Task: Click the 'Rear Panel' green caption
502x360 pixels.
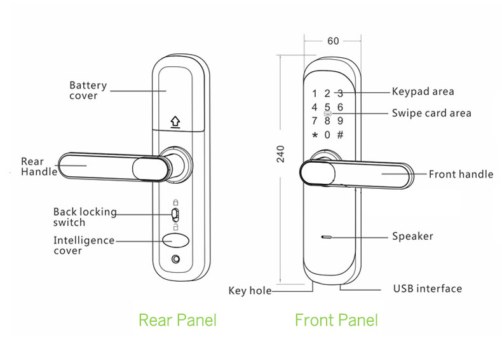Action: tap(177, 319)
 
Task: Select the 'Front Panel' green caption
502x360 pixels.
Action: tap(336, 319)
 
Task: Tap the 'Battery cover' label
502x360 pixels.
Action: tap(88, 90)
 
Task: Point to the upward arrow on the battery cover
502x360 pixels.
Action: tap(175, 121)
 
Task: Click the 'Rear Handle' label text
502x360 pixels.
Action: tap(39, 167)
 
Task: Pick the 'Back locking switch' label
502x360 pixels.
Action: tap(85, 217)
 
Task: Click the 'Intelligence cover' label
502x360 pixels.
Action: tap(84, 246)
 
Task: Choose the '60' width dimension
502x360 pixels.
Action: tap(333, 41)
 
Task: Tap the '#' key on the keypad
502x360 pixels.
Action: tap(340, 135)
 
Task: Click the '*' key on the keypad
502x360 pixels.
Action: tap(314, 135)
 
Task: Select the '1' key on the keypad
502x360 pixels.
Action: tap(315, 93)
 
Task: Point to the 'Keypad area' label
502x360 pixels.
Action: tap(423, 92)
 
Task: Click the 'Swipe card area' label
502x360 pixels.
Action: tap(431, 113)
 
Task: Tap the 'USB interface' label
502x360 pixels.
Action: tap(427, 289)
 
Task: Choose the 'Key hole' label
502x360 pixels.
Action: tap(250, 291)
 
